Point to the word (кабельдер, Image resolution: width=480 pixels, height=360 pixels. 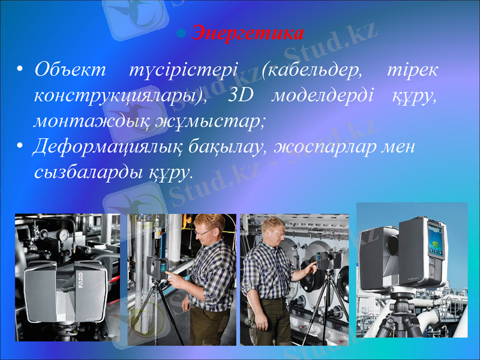tap(313, 70)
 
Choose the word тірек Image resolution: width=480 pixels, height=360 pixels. tap(411, 70)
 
